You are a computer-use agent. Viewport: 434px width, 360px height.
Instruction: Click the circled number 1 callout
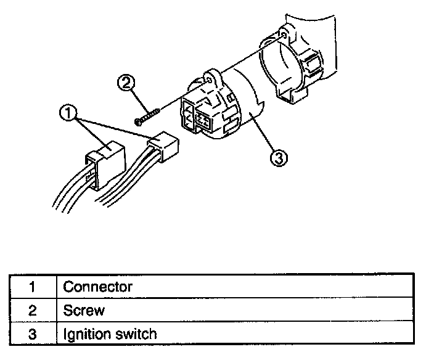click(x=68, y=113)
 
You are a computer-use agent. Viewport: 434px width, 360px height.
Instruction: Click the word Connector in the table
click(x=97, y=287)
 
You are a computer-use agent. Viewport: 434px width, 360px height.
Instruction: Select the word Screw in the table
click(x=84, y=311)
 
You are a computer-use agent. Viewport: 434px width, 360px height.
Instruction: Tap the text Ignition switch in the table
click(x=110, y=335)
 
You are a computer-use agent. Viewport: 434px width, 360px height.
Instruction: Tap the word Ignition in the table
click(x=88, y=335)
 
